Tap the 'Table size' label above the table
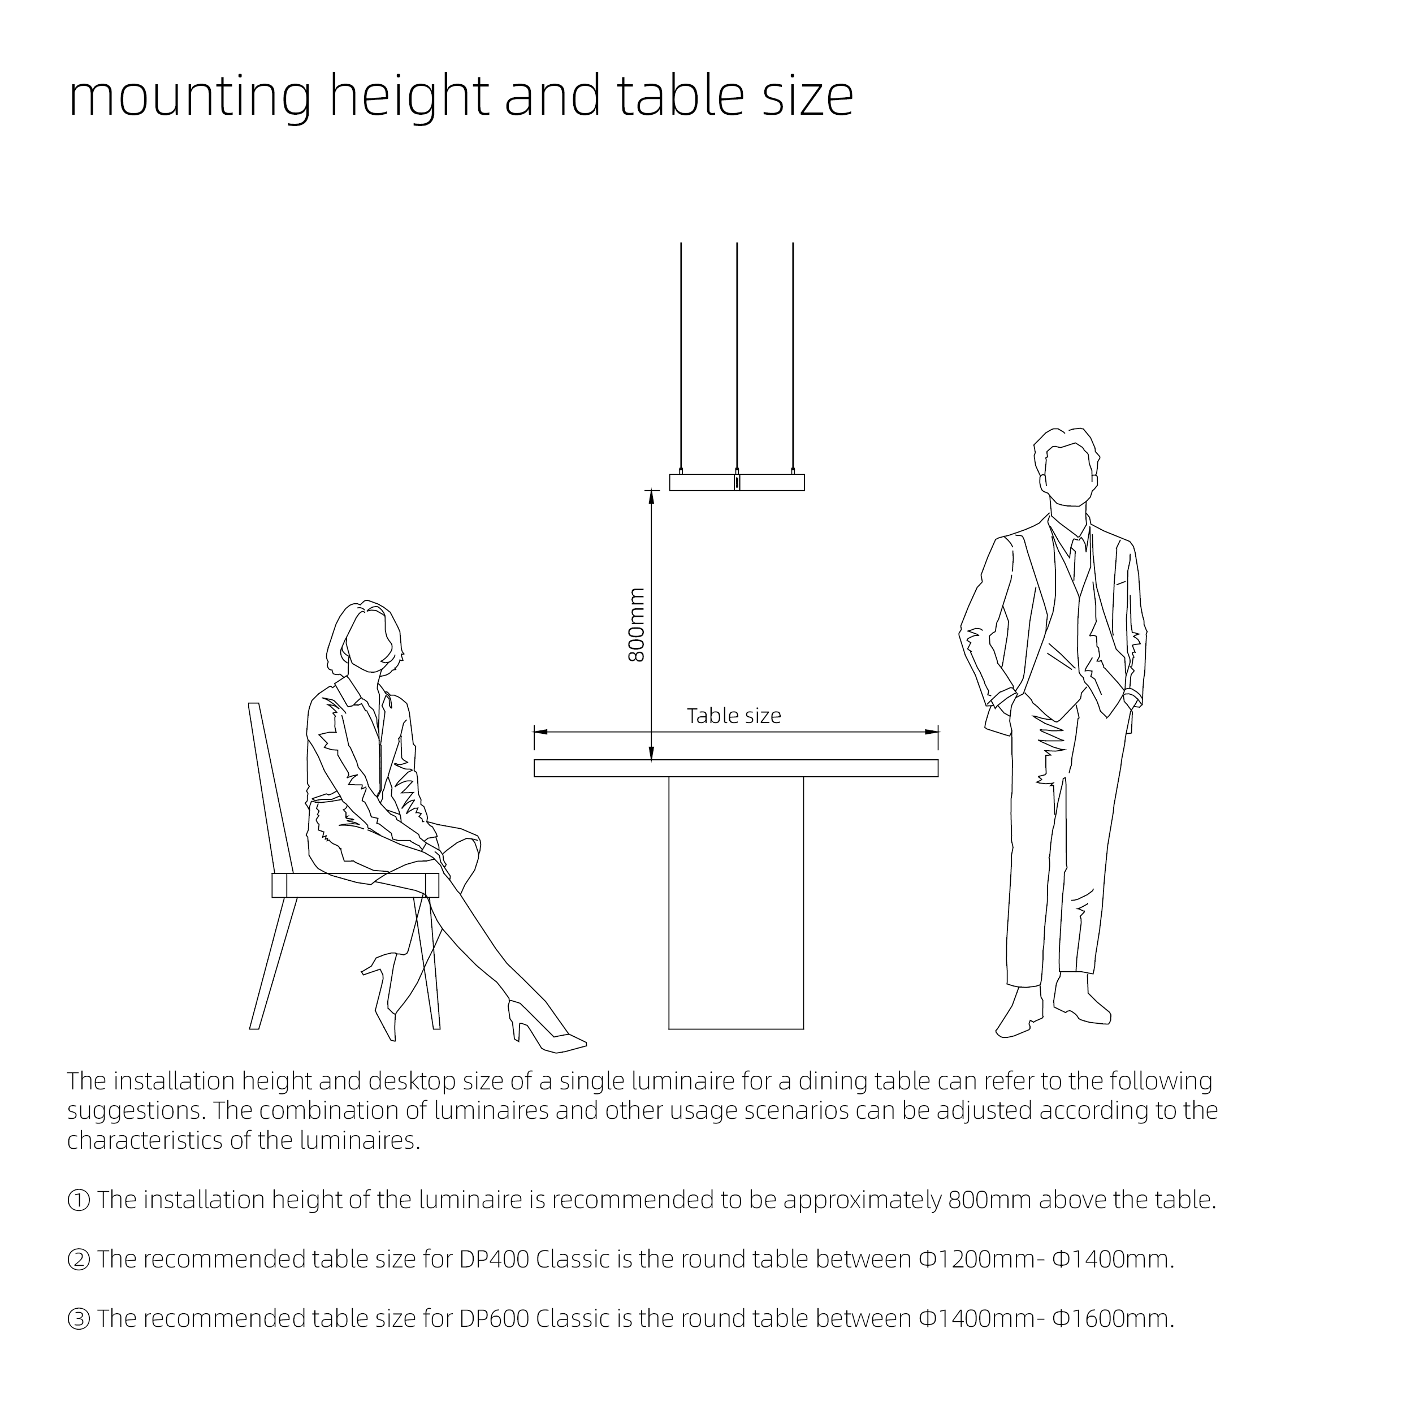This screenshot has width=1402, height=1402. tap(734, 716)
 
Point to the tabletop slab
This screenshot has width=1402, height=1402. tap(736, 768)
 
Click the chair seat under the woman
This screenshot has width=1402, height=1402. tap(355, 885)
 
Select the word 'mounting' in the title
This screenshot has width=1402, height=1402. tap(190, 97)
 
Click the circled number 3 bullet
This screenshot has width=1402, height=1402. tap(79, 1318)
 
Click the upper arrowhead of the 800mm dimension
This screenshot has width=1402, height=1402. tap(651, 496)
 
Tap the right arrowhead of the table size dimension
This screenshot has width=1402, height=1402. tap(932, 732)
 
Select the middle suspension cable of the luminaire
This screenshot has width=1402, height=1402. tap(737, 356)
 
